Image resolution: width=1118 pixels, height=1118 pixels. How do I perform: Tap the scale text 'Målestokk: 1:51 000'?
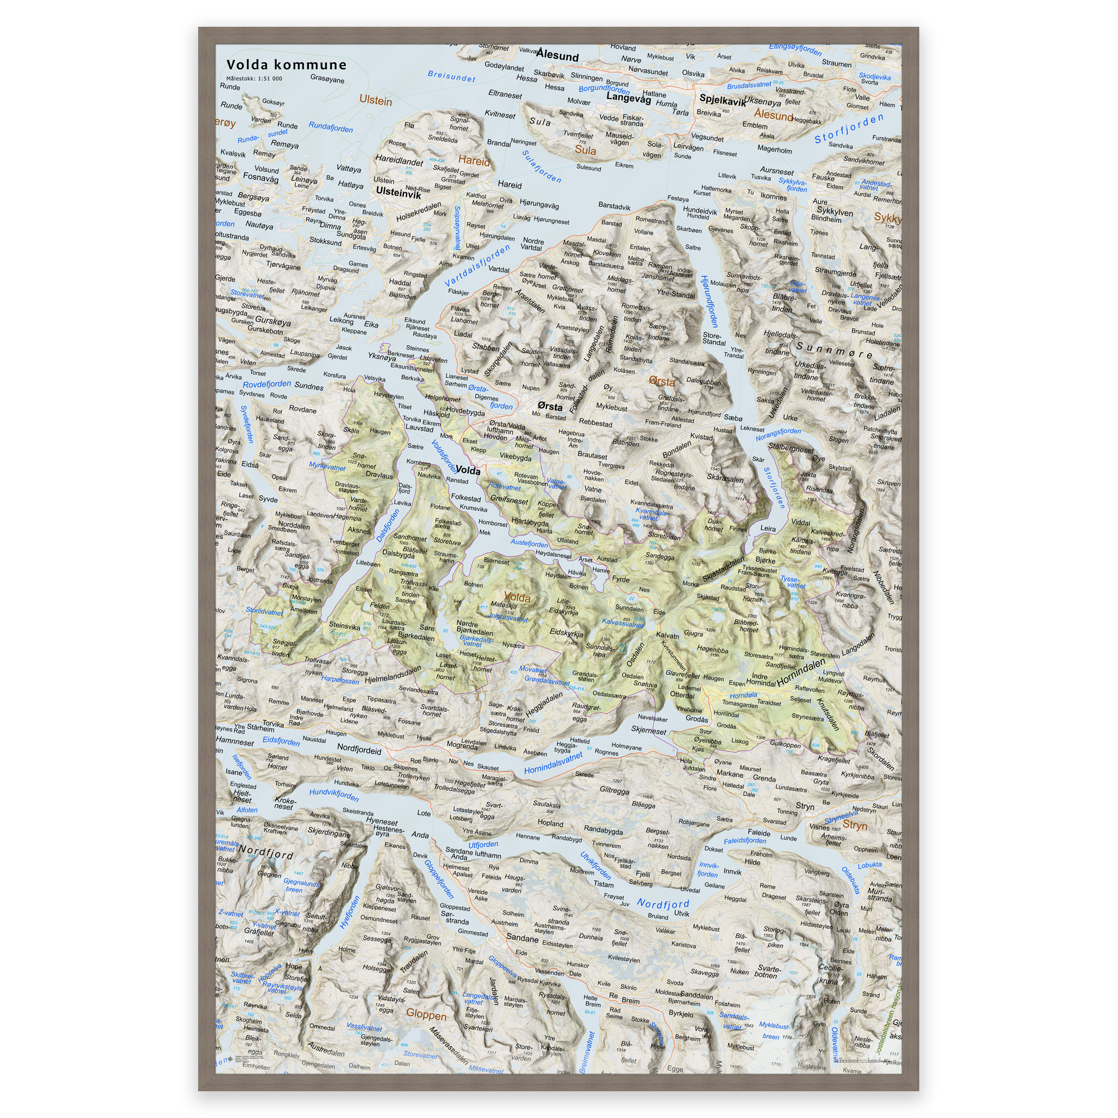[x=254, y=79]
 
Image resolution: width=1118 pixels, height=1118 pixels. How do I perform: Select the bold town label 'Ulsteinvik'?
[x=398, y=192]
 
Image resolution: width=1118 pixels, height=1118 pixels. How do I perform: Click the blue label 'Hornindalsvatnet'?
[x=553, y=763]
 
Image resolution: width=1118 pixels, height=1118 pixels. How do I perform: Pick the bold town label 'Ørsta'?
[x=550, y=406]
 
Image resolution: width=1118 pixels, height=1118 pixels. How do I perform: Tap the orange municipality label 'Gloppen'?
[x=426, y=1014]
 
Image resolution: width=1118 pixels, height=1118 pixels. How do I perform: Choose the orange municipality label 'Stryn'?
[x=855, y=825]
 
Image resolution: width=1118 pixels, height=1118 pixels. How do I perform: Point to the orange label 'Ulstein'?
[x=376, y=100]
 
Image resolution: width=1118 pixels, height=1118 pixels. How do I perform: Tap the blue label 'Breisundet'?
[x=451, y=76]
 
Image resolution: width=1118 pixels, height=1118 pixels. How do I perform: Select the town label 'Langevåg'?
[x=628, y=98]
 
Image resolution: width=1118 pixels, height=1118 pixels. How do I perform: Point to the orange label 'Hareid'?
[x=474, y=161]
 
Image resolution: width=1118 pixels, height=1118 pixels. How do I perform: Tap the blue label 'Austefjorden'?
[x=529, y=543]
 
